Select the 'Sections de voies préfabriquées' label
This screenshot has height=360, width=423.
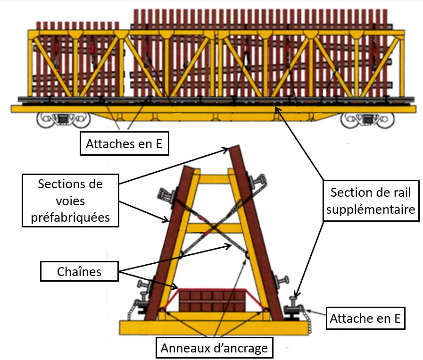click(x=70, y=200)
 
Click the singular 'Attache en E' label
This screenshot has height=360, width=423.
click(x=365, y=319)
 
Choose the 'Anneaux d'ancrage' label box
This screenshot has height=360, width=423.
click(x=214, y=348)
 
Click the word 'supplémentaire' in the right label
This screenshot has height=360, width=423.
click(x=371, y=209)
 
